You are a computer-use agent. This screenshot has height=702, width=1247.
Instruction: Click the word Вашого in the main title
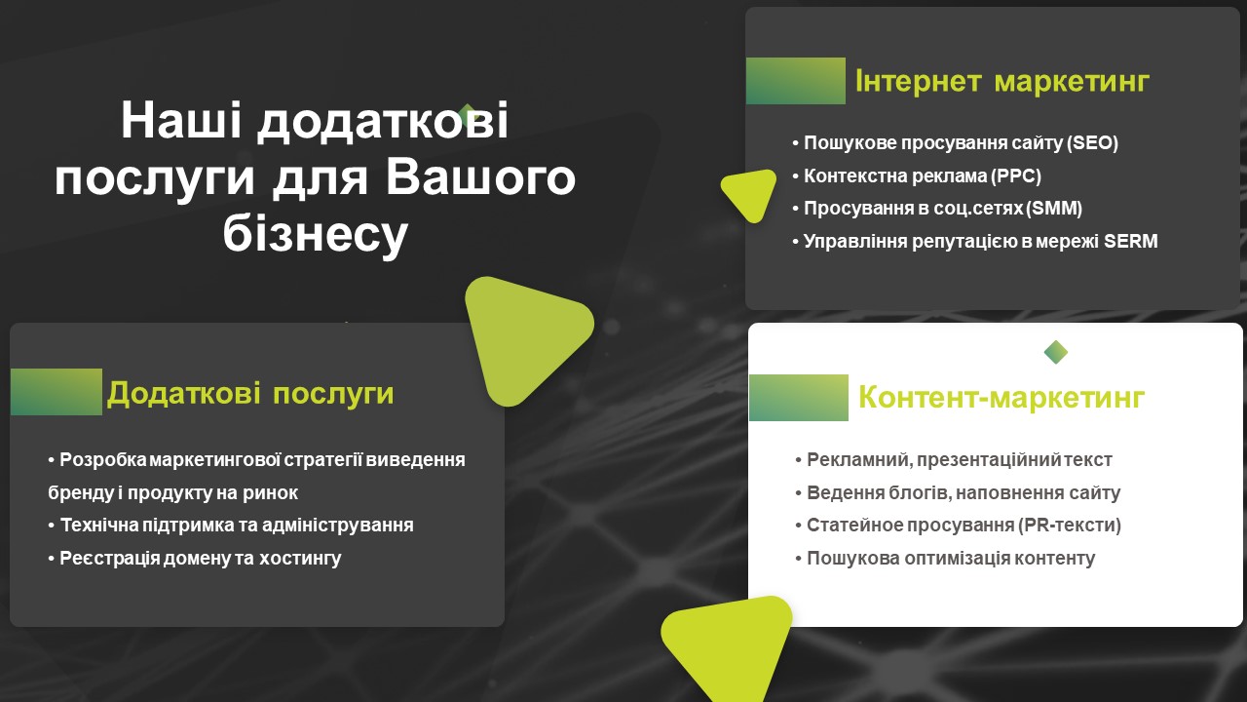480,178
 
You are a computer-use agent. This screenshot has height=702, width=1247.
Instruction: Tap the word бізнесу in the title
316,235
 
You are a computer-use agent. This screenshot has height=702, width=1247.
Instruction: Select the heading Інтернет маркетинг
1002,81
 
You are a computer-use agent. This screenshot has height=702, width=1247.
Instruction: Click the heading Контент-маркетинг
1001,397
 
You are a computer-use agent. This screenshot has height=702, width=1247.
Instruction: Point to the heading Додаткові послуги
250,393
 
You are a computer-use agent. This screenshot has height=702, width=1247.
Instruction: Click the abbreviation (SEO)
1092,143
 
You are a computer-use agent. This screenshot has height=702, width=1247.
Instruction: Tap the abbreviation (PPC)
1016,176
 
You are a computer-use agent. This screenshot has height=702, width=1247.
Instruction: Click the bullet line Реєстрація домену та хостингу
195,559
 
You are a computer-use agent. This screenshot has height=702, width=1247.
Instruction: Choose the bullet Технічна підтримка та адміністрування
231,526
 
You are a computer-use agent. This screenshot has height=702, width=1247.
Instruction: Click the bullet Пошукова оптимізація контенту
945,559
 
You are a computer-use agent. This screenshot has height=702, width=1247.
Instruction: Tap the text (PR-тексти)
1069,526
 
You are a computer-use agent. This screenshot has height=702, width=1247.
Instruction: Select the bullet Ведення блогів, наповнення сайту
958,493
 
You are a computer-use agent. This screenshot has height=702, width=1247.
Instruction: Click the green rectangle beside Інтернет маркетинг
796,81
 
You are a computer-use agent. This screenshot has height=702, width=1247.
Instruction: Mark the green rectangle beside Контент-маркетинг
799,398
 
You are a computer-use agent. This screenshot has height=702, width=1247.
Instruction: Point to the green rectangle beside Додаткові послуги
57,392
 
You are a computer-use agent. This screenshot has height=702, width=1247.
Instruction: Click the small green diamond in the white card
1056,352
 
